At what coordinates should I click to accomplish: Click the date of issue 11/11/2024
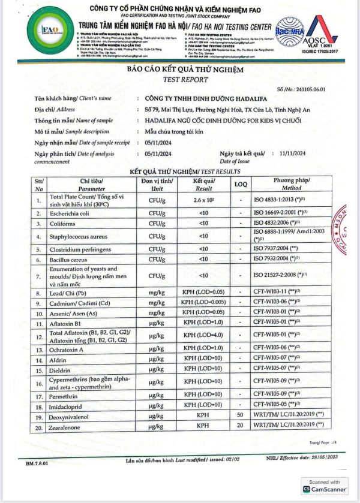coord(293,153)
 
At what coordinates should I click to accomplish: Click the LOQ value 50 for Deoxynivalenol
coord(240,414)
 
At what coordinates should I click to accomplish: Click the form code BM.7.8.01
coord(38,463)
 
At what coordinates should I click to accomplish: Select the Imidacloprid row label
coord(69,403)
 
